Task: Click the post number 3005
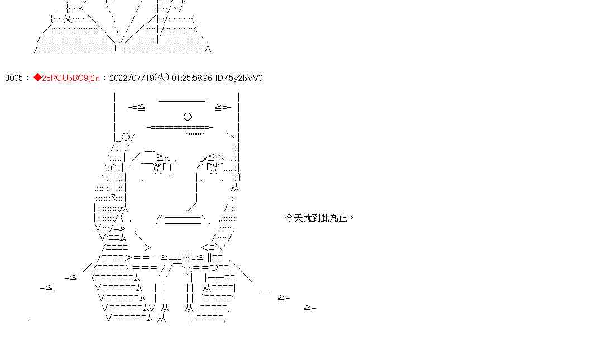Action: [x=13, y=78]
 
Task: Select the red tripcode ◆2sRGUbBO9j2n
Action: [x=66, y=78]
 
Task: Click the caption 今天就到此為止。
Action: [x=319, y=218]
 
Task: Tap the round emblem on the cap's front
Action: [x=188, y=117]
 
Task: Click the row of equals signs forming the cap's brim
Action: [x=180, y=128]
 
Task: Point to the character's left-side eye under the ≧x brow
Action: [x=158, y=166]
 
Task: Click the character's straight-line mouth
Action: [x=183, y=219]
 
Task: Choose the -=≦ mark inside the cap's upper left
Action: [x=137, y=107]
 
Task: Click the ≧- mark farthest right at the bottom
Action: [x=310, y=308]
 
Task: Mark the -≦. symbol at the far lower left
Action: [x=47, y=288]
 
